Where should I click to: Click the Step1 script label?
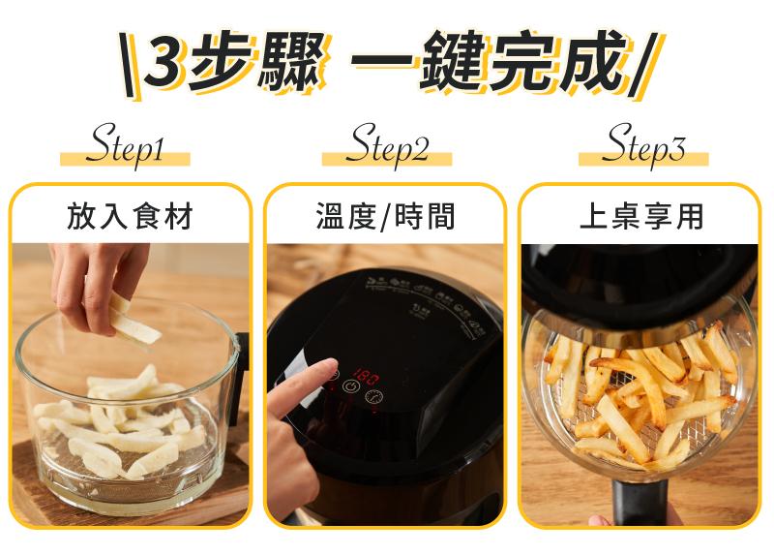[125, 144]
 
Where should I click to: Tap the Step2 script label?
[388, 144]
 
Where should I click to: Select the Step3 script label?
[643, 144]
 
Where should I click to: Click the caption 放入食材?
[130, 216]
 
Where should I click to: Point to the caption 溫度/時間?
[385, 216]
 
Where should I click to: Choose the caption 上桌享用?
[641, 216]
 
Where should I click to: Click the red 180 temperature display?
[366, 378]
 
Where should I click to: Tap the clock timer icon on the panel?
[373, 396]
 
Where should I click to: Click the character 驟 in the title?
[291, 62]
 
